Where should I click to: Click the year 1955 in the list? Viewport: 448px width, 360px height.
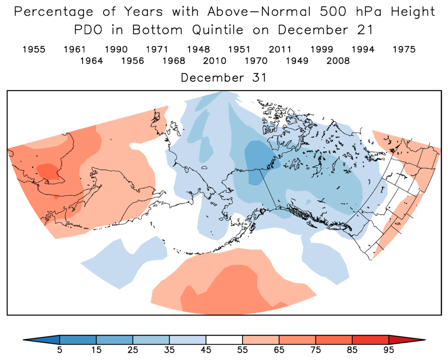[x=34, y=49]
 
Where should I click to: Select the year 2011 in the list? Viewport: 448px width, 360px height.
[x=280, y=49]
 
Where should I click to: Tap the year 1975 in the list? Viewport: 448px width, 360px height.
[x=404, y=49]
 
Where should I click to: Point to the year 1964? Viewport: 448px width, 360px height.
[x=91, y=61]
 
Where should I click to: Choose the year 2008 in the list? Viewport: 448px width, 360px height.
[x=338, y=61]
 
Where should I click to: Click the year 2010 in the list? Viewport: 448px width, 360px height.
[x=214, y=61]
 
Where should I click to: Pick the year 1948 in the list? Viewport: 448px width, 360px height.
[x=198, y=49]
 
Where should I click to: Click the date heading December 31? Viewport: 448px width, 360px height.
[x=224, y=78]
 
